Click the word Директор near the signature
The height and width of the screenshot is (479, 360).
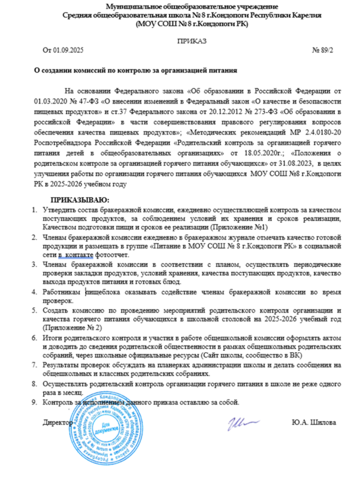point(58,423)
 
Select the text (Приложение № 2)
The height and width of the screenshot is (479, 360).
point(69,328)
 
